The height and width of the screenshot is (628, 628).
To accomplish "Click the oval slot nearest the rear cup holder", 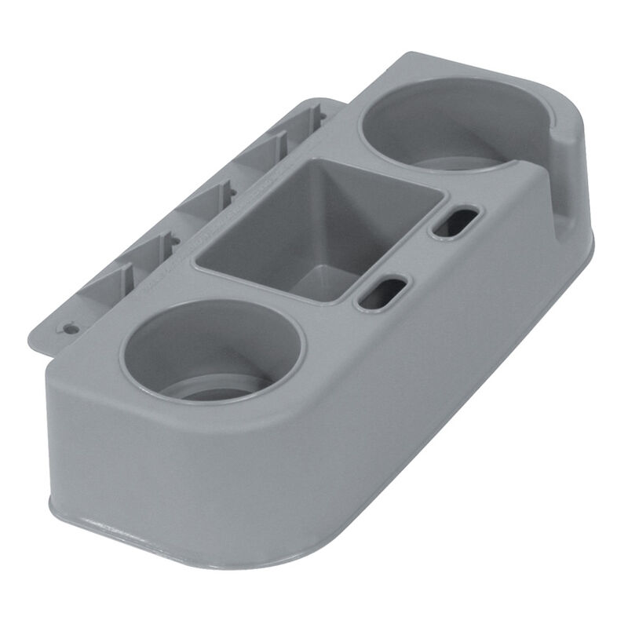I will point(451,222).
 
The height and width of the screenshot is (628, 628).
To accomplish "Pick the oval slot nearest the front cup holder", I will point(382,290).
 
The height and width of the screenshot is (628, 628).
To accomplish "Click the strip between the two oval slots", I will point(416,255).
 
